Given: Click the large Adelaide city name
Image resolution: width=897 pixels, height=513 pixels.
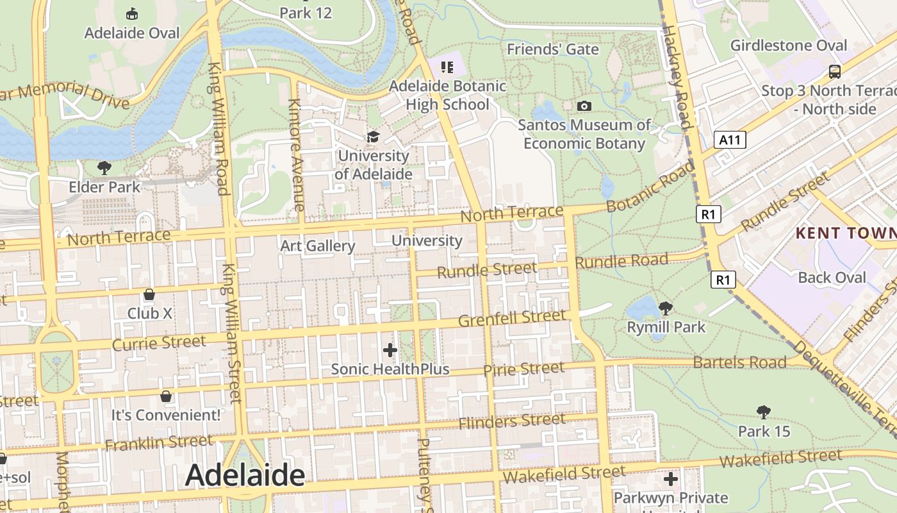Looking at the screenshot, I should pyautogui.click(x=245, y=475).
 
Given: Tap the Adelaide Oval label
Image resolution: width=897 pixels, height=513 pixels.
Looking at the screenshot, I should pyautogui.click(x=132, y=33).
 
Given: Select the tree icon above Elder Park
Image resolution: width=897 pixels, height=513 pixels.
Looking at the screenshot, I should pyautogui.click(x=104, y=169).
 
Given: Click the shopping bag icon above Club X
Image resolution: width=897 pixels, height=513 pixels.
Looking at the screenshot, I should pyautogui.click(x=149, y=295).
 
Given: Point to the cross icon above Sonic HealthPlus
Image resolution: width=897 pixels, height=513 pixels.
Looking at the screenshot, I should pyautogui.click(x=390, y=350).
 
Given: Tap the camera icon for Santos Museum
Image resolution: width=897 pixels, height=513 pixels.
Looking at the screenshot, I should pyautogui.click(x=584, y=106).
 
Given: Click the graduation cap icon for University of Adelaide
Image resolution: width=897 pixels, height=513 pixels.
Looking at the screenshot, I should pyautogui.click(x=373, y=137).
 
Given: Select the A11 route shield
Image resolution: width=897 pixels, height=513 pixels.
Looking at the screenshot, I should pyautogui.click(x=730, y=140).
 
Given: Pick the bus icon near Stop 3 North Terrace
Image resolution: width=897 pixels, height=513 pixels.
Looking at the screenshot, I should pyautogui.click(x=834, y=71).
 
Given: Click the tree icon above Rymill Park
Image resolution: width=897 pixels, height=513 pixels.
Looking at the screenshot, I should pyautogui.click(x=666, y=308).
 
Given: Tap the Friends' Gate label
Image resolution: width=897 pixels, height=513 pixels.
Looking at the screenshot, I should pyautogui.click(x=553, y=49).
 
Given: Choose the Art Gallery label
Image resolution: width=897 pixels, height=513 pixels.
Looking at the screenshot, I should pyautogui.click(x=318, y=246).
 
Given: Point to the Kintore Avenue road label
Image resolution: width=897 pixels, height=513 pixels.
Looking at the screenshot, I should pyautogui.click(x=295, y=155).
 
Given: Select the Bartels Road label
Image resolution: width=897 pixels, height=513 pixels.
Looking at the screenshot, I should pyautogui.click(x=739, y=362).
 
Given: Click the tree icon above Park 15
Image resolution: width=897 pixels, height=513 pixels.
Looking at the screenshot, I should pyautogui.click(x=763, y=412).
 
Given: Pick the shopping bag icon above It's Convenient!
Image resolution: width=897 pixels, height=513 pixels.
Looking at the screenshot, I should pyautogui.click(x=166, y=396).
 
